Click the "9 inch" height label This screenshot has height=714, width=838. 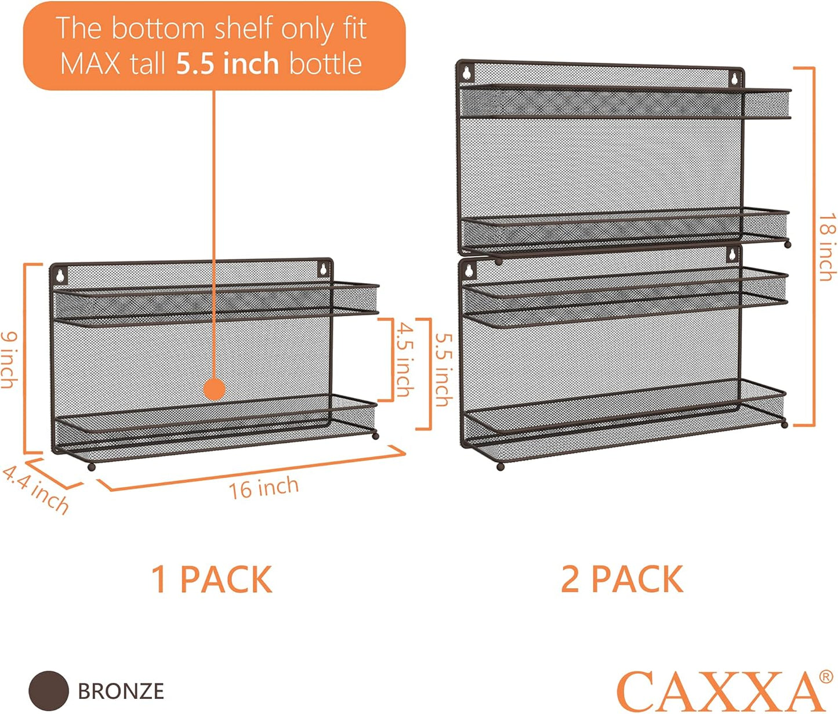(9, 360)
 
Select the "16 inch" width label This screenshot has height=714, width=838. (264, 488)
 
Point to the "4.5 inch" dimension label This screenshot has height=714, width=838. (405, 360)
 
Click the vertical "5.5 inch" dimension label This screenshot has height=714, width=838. (444, 369)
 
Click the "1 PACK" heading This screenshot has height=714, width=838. (212, 579)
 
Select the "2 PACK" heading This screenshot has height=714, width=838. (622, 579)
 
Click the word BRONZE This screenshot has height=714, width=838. (121, 691)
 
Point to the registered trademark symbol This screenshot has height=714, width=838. (826, 676)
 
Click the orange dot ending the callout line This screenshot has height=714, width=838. (215, 389)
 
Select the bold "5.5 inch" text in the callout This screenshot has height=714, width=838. (228, 63)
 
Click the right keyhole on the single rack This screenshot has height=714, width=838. (323, 269)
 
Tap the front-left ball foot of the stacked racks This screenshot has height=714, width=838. (500, 466)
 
